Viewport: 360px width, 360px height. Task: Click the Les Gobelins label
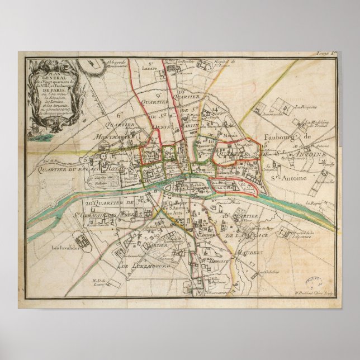tap(268, 272)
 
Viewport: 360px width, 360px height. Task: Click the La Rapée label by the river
tap(316, 203)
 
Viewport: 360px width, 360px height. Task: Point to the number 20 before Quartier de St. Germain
tap(89, 202)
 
